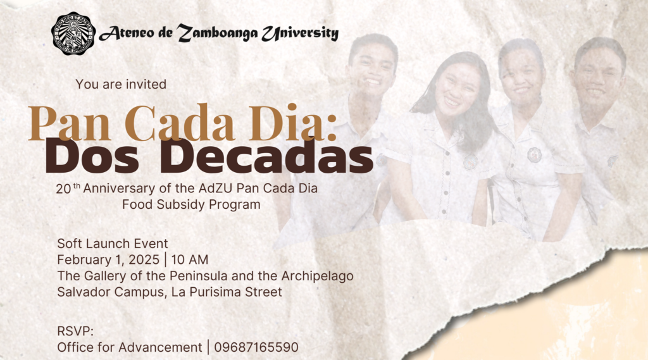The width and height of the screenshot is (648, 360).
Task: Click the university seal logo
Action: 73,33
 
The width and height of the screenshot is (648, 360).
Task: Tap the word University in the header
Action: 300,33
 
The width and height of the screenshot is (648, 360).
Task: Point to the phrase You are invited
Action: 121,84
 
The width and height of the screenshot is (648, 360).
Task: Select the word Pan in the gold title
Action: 70,123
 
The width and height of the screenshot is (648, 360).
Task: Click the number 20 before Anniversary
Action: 64,189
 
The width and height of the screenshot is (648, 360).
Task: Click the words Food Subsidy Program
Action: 191,204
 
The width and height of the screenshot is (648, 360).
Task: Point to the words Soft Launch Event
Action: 113,244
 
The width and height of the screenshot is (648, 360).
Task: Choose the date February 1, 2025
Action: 108,259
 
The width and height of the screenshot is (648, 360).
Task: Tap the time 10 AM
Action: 190,259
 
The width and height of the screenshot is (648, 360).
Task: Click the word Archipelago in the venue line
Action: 318,276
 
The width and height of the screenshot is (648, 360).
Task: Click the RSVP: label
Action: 75,331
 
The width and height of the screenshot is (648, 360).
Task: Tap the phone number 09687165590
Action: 256,347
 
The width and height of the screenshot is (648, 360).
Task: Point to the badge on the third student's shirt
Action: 534,154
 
